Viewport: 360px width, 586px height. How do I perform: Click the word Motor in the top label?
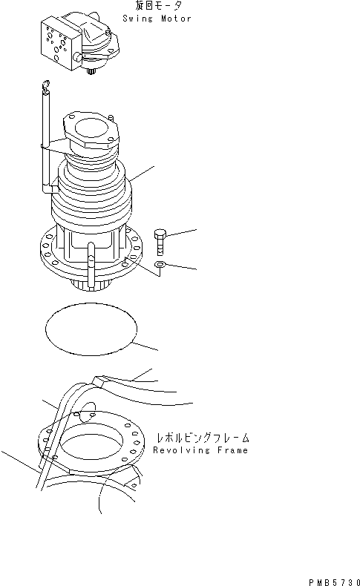tap(175, 19)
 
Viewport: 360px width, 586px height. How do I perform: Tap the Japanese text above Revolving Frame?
tap(202, 438)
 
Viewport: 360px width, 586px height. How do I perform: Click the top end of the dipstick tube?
tap(47, 87)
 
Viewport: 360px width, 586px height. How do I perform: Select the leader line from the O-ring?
tap(148, 344)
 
